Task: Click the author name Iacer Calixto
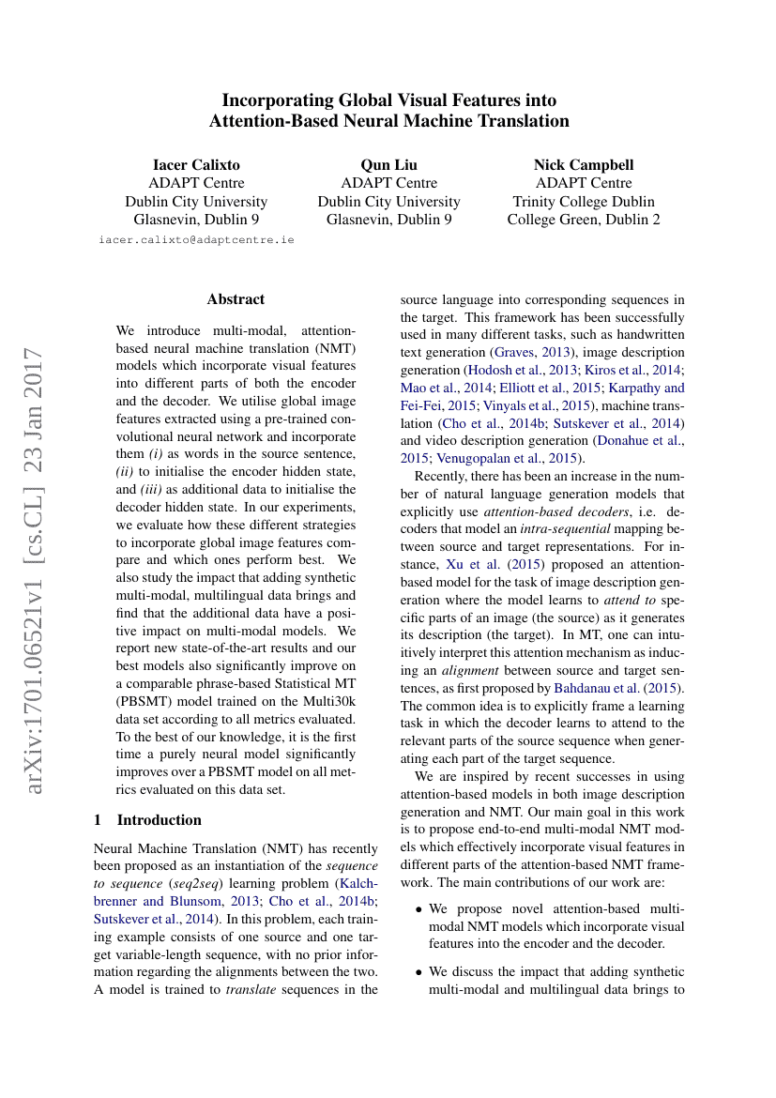tap(196, 164)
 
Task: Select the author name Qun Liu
tap(388, 164)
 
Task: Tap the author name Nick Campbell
tap(584, 164)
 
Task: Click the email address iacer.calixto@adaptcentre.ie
tap(196, 239)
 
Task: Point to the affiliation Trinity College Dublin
tap(584, 202)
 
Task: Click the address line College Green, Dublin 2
tap(584, 220)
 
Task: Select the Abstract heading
tap(236, 299)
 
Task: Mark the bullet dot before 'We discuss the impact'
tap(418, 971)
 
